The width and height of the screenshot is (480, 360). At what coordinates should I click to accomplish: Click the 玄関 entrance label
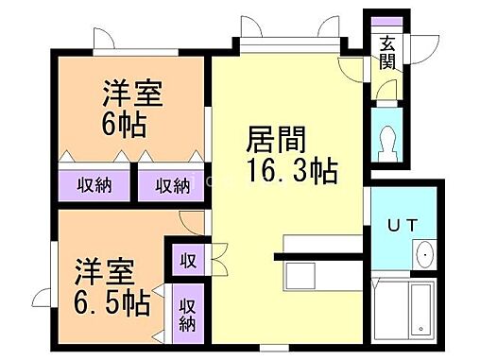tap(388, 52)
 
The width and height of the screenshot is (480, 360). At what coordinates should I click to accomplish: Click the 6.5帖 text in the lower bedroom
tap(111, 304)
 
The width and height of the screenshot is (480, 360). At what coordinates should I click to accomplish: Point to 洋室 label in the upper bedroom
tap(133, 94)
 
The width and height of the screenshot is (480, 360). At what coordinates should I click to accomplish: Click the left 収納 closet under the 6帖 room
tap(94, 184)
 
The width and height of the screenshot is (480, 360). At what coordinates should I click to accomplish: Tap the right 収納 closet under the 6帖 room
tap(173, 184)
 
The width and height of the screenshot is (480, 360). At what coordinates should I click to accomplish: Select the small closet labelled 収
tap(189, 259)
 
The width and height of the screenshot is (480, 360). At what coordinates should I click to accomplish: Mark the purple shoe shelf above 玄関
tap(385, 23)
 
